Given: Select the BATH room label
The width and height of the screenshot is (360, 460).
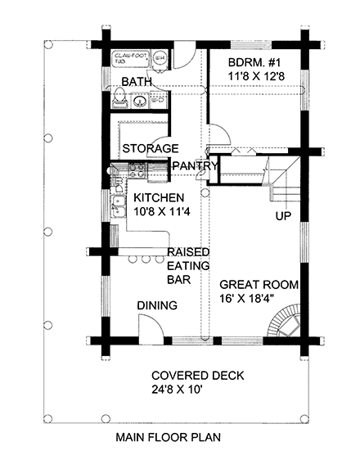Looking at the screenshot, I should (x=137, y=82).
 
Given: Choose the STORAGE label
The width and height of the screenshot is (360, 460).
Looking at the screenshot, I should (x=151, y=148).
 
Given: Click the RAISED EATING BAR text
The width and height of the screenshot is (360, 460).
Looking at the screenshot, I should (x=188, y=265).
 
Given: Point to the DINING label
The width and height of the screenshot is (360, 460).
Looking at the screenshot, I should (x=157, y=305).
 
